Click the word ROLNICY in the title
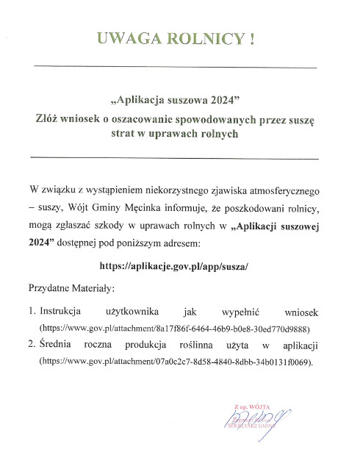click(x=209, y=38)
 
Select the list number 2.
click(x=31, y=345)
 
